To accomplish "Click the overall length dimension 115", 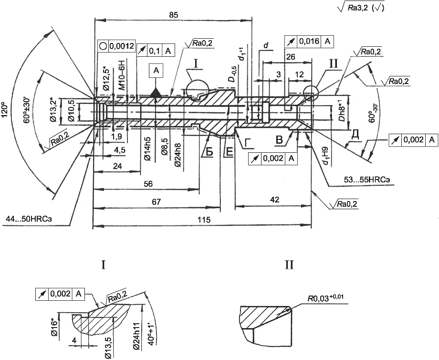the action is pyautogui.click(x=204, y=220).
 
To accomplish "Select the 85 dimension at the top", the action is pyautogui.click(x=173, y=15).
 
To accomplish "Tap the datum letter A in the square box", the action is pyautogui.click(x=156, y=71).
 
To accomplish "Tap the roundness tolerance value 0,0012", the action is pyautogui.click(x=122, y=46).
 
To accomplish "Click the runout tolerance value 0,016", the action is pyautogui.click(x=309, y=41).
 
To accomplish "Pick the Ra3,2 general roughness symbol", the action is pyautogui.click(x=361, y=8).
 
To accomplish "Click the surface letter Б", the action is pyautogui.click(x=209, y=151).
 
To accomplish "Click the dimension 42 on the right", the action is pyautogui.click(x=275, y=200).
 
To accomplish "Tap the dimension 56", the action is pyautogui.click(x=148, y=184).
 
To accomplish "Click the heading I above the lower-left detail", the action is pyautogui.click(x=104, y=265).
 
